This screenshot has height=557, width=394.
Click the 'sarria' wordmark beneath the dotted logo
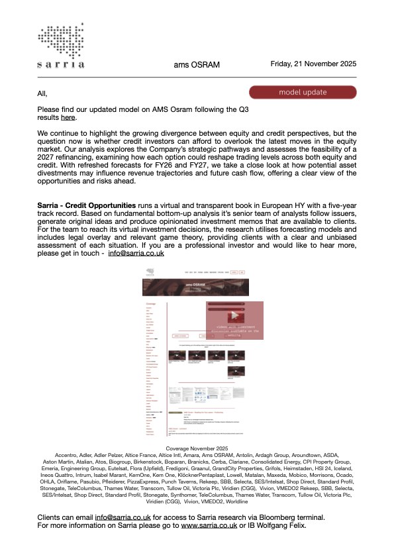click(61, 64)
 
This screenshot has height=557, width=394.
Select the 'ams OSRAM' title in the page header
click(197, 65)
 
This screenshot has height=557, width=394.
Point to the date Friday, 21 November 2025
click(314, 64)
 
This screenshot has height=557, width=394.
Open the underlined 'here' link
click(68, 117)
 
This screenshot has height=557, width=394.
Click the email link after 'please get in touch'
click(136, 253)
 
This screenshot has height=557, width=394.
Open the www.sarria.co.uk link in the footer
click(209, 525)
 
